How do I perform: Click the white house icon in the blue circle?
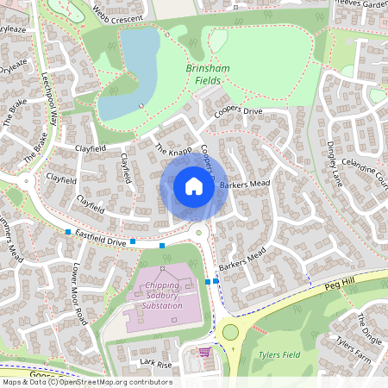click(x=193, y=185)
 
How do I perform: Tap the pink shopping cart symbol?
click(x=204, y=352)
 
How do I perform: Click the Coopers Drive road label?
click(x=239, y=112)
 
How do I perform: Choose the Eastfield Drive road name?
click(x=100, y=239)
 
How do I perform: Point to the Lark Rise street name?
click(x=156, y=364)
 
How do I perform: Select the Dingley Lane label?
click(x=335, y=163)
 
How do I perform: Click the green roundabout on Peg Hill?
click(x=230, y=333)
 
